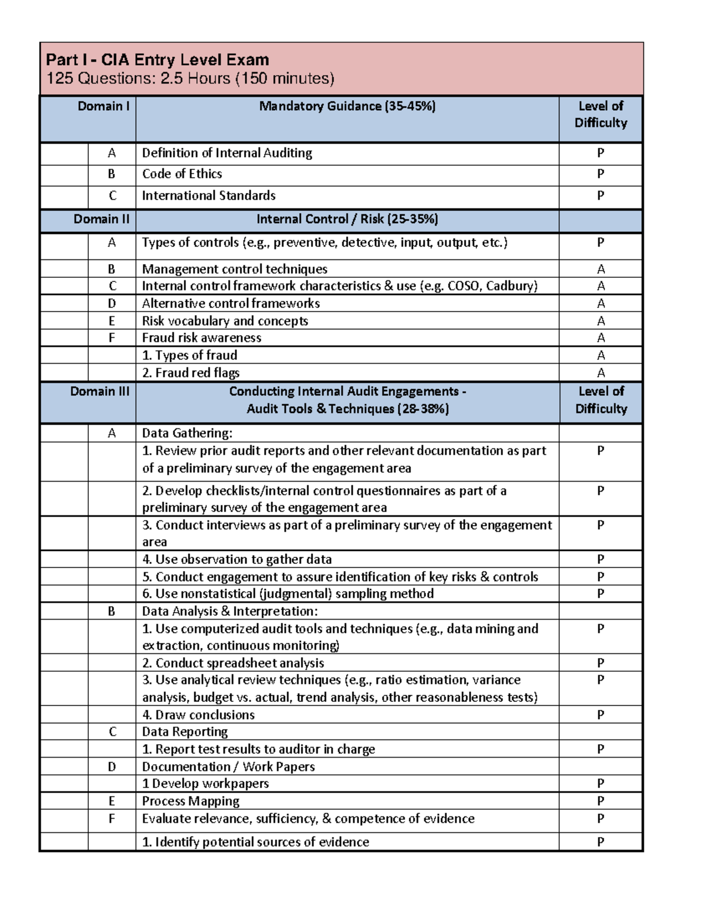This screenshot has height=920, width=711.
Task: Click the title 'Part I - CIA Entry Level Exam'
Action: [x=158, y=60]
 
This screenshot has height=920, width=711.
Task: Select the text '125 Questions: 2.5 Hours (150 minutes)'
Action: [x=190, y=78]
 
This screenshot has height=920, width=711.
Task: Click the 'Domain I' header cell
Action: [x=104, y=106]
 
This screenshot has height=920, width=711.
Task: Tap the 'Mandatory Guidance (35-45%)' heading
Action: [x=347, y=106]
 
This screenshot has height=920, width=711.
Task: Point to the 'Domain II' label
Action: [x=101, y=219]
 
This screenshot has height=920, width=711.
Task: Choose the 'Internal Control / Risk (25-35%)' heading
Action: [x=347, y=219]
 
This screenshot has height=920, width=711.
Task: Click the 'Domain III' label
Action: [x=100, y=392]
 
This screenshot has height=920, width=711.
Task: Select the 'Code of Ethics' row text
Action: [x=182, y=174]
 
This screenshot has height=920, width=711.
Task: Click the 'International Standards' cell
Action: [x=209, y=195]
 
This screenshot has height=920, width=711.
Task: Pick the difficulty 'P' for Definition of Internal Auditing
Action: [x=600, y=153]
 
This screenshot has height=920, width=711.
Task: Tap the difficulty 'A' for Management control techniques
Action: [x=600, y=269]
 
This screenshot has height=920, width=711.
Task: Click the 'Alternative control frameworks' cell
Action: [x=230, y=303]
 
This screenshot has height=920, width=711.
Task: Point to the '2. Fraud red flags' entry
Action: [x=191, y=373]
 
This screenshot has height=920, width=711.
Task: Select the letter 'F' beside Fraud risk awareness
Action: [x=112, y=338]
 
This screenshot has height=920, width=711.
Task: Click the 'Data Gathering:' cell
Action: [x=187, y=433]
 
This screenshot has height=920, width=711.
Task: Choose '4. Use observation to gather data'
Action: [x=237, y=559]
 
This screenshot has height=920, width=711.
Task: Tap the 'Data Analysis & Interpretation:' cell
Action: [x=230, y=611]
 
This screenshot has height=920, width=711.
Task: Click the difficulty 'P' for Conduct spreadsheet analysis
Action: [x=600, y=663]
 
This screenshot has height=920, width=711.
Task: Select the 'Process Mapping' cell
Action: [x=191, y=801]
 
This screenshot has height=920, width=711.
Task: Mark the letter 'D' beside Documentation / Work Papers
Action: [x=112, y=767]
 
